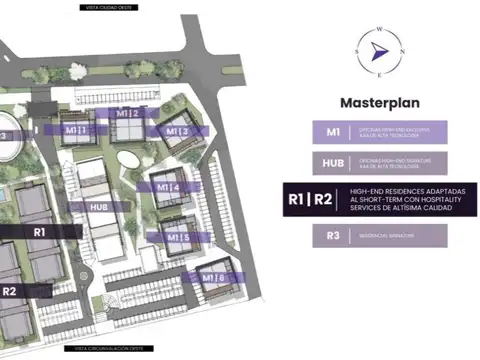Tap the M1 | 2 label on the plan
[128, 113]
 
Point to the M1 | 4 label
[168, 187]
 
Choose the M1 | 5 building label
[167, 238]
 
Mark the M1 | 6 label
[212, 277]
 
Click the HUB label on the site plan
[99, 207]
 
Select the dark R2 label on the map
[10, 291]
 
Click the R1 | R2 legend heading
[311, 200]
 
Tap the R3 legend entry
[332, 236]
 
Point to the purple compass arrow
[377, 50]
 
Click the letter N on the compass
[402, 50]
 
